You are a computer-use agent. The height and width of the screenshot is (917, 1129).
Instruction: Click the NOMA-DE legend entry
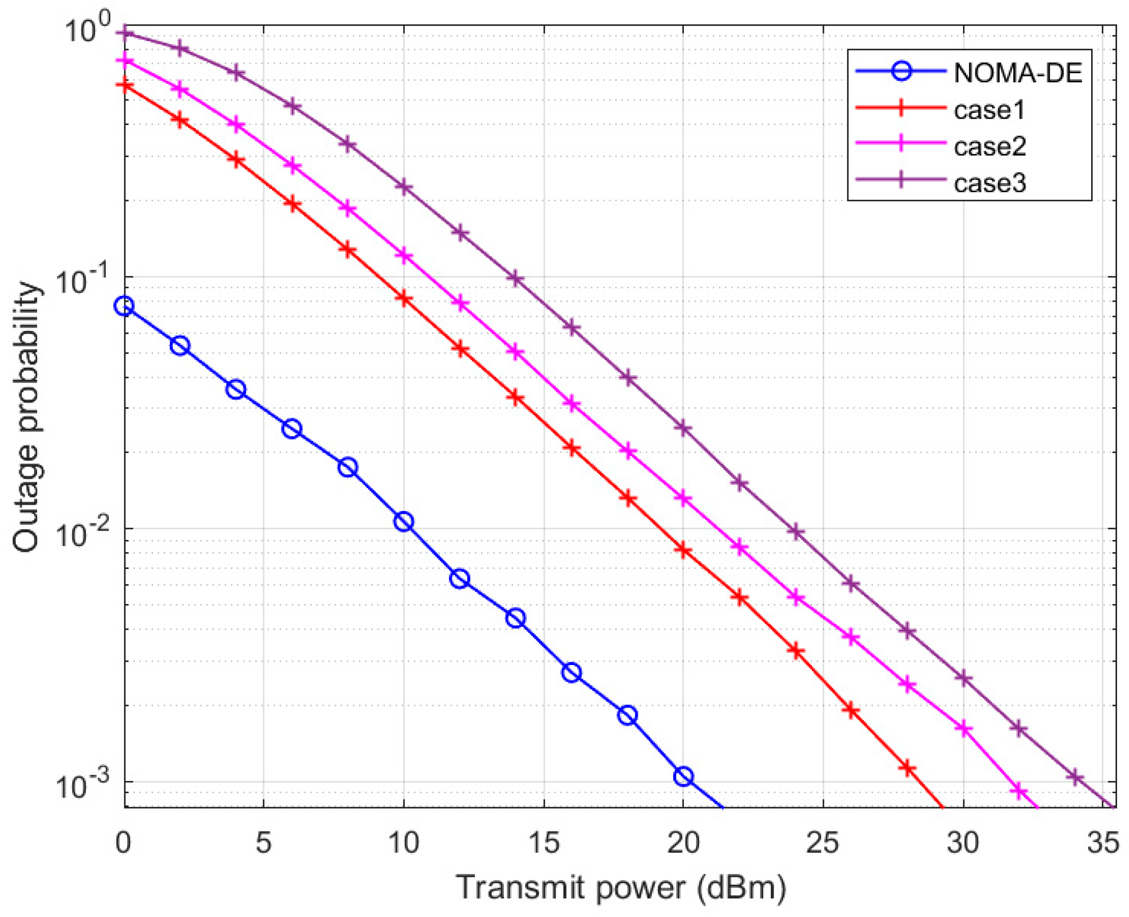[1018, 74]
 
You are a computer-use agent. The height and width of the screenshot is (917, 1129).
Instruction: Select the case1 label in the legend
[989, 110]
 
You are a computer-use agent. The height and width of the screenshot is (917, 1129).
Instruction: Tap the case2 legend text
[989, 146]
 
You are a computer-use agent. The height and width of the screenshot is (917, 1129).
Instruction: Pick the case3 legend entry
[989, 183]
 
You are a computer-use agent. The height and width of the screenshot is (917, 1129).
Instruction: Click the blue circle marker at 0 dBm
[124, 306]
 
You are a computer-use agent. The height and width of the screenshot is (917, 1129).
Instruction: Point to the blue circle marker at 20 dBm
[683, 777]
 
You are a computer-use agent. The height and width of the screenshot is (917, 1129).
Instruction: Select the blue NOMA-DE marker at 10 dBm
[403, 522]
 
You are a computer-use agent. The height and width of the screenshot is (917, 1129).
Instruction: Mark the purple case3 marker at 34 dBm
[1075, 777]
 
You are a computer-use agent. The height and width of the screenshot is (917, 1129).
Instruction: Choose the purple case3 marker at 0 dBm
[125, 33]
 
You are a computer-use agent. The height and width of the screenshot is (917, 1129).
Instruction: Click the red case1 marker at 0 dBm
[125, 85]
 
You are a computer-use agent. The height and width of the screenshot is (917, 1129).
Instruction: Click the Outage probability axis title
[26, 417]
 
